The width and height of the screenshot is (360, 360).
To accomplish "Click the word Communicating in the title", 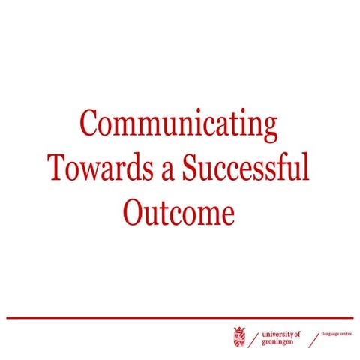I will pos(179,124).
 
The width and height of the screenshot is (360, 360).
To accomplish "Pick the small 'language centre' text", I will pos(335,334).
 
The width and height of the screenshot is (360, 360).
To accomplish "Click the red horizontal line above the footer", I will pos(180,318).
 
